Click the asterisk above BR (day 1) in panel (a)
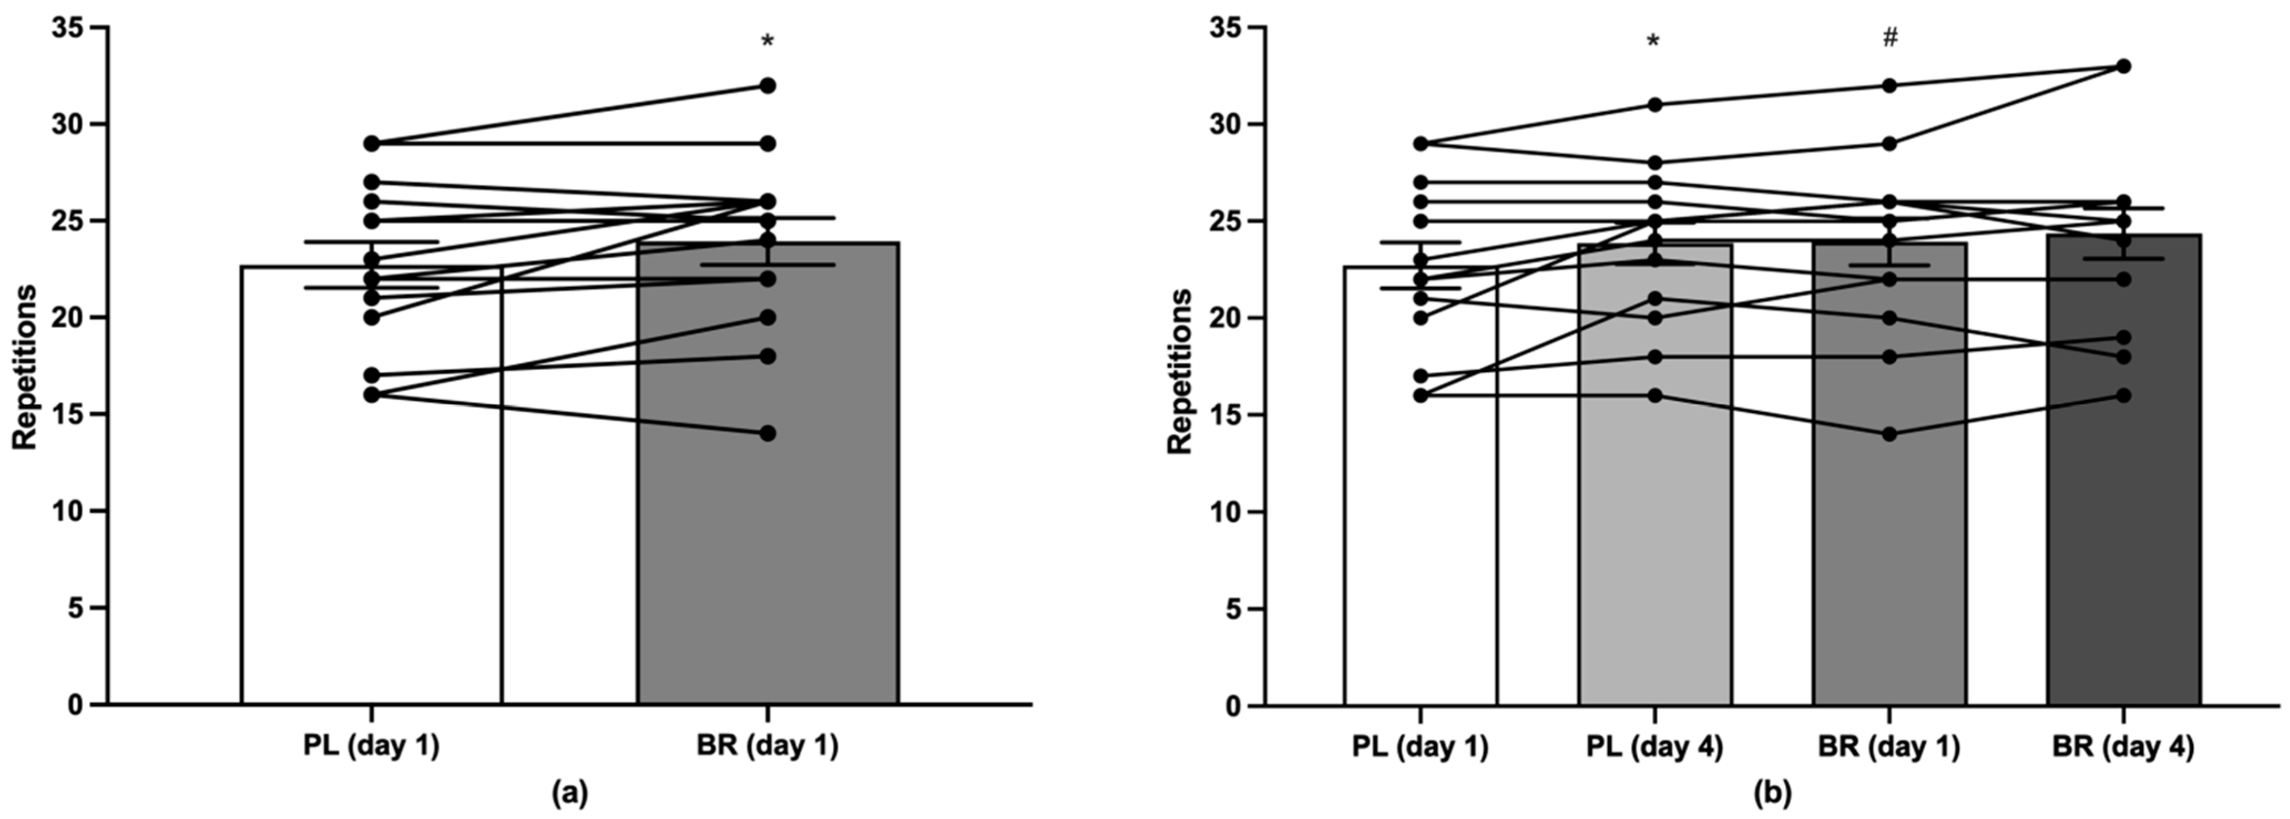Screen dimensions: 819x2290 [767, 42]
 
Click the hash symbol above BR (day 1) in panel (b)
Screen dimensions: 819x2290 [1889, 37]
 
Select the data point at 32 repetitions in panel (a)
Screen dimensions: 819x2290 [767, 85]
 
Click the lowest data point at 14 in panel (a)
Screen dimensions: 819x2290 [767, 433]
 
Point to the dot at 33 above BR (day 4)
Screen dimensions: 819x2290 [2123, 66]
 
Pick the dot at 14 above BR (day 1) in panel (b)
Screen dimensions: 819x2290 [1889, 434]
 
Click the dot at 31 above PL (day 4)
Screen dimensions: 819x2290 [1654, 105]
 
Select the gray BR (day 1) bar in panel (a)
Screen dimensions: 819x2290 [767, 533]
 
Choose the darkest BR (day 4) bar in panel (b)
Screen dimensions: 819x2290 [2123, 533]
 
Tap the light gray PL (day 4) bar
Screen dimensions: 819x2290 [1654, 533]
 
